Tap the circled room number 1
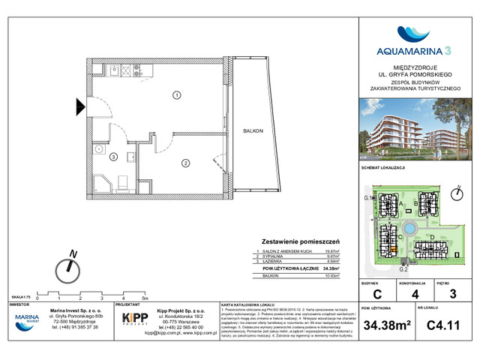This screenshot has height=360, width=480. click(x=175, y=95)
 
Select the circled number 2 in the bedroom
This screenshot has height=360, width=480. click(x=184, y=162)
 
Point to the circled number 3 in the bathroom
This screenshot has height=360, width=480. click(x=113, y=157)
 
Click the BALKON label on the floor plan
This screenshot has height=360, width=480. click(x=253, y=131)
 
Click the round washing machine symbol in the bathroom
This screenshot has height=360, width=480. click(x=98, y=150)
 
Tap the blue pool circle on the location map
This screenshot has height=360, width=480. click(x=409, y=229)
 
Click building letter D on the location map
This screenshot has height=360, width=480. click(x=433, y=237)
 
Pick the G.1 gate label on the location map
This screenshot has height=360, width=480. click(x=368, y=197)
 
